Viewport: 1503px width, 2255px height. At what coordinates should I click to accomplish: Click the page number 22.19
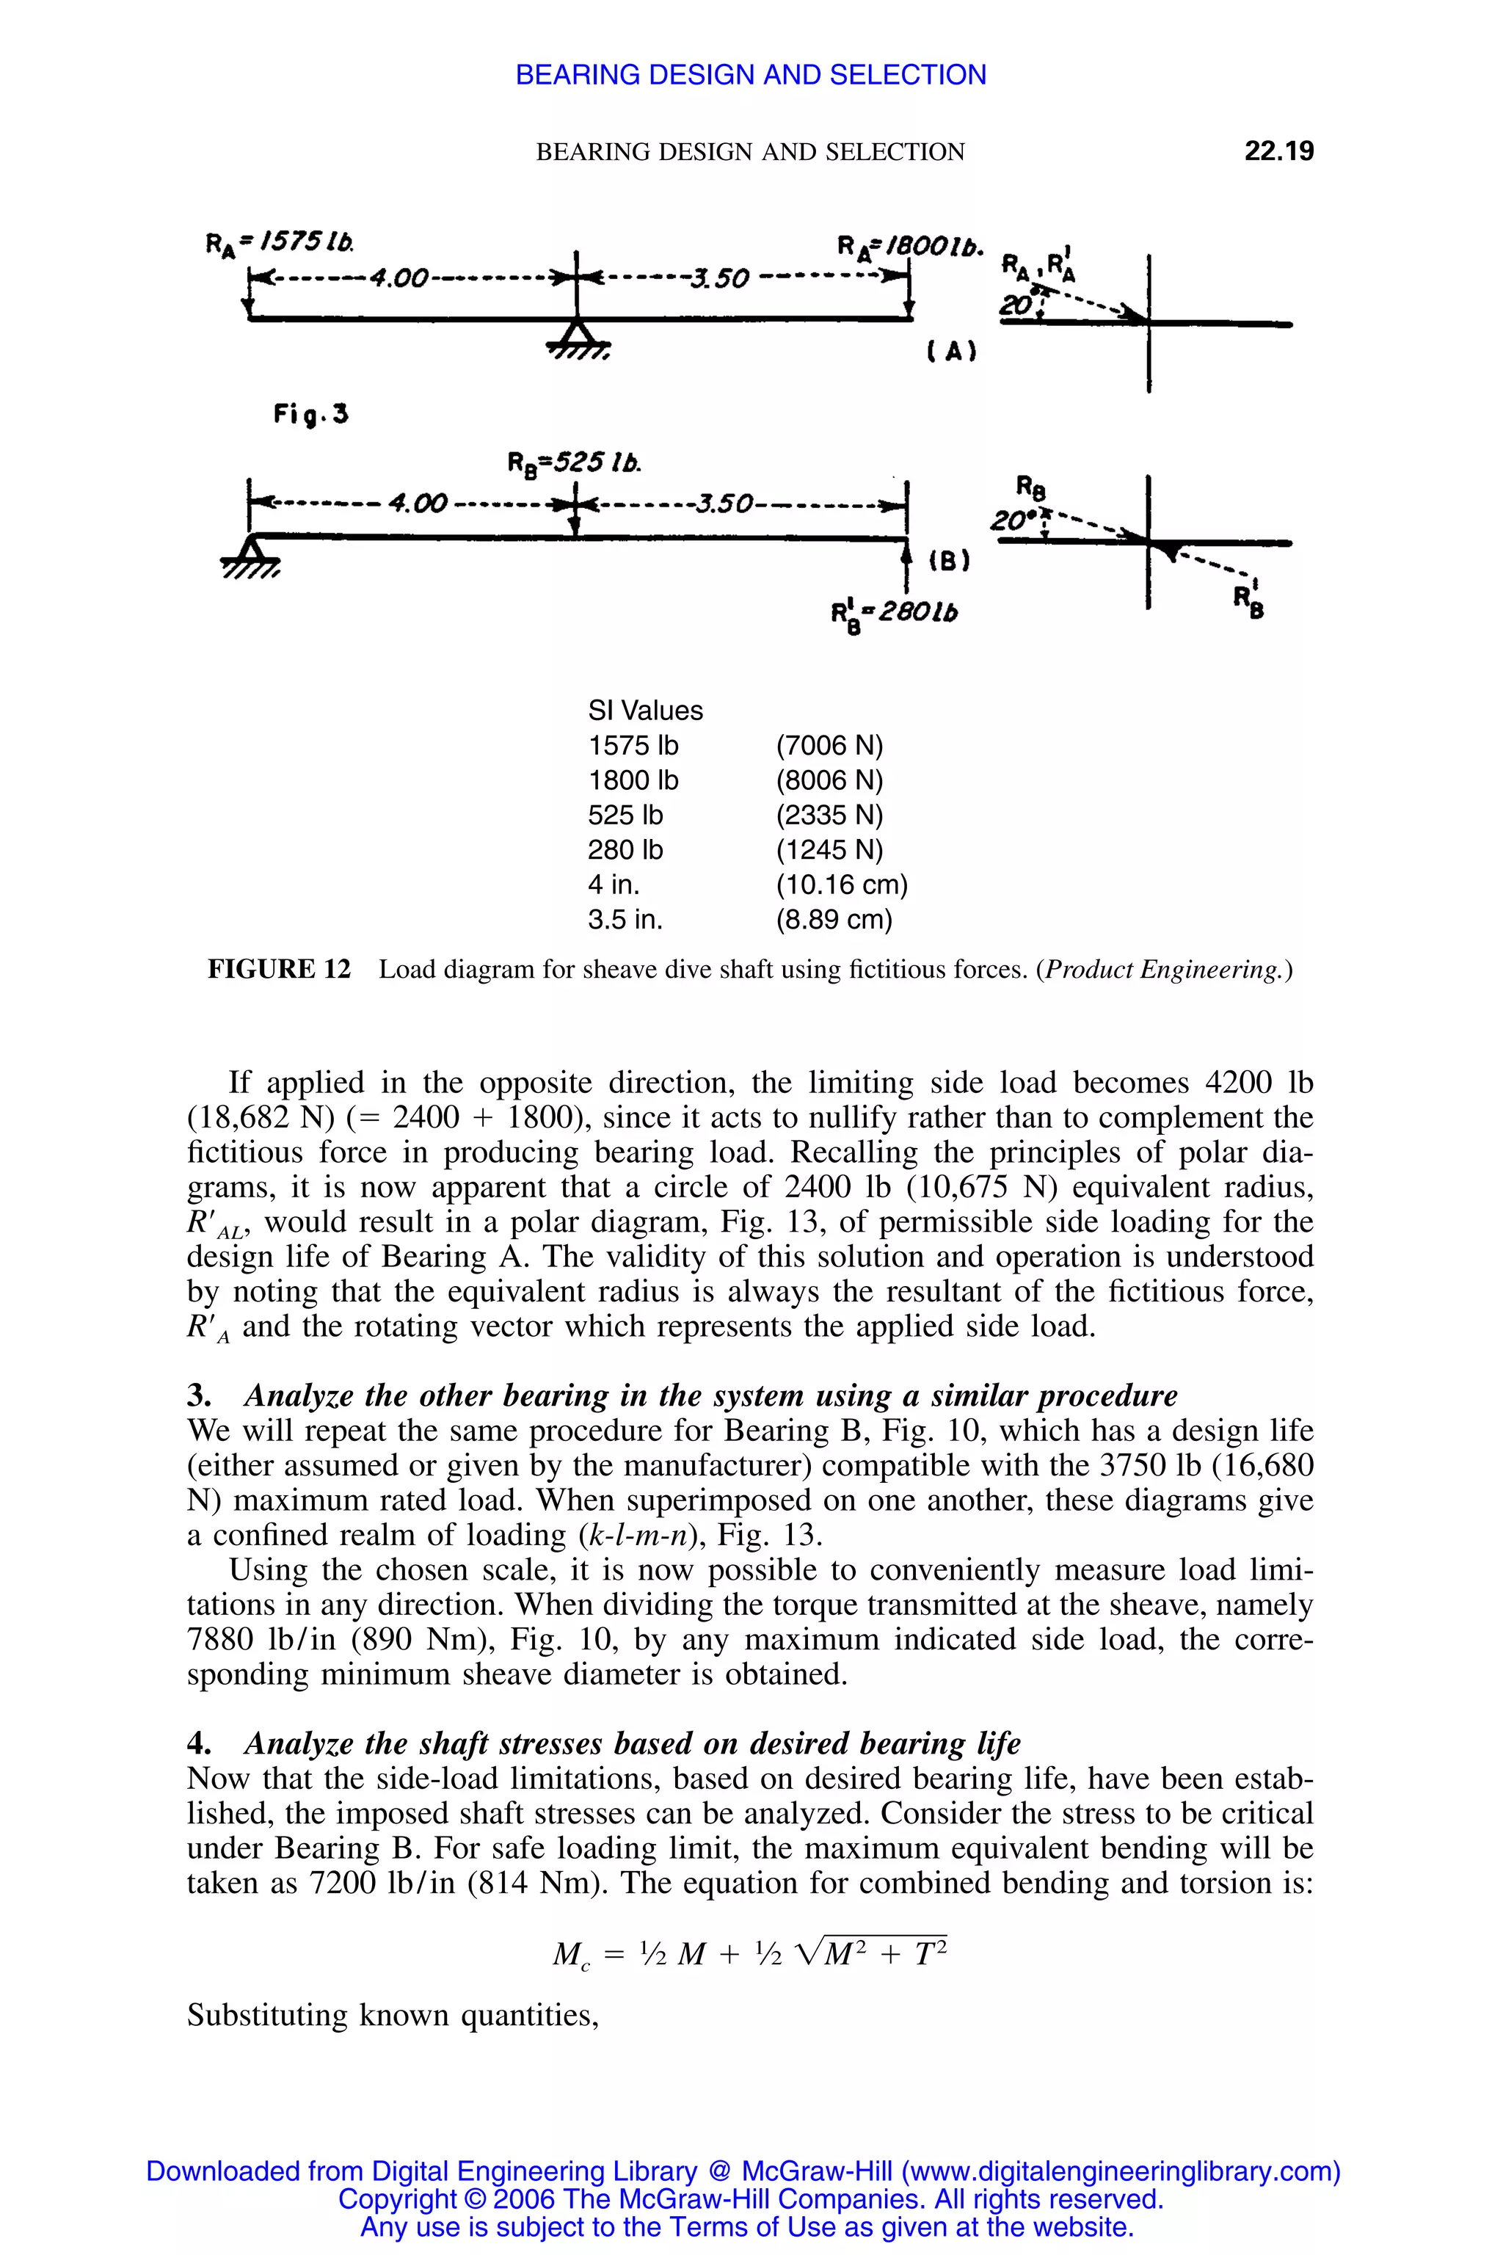click(1278, 151)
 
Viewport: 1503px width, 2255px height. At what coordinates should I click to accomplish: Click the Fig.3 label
click(310, 414)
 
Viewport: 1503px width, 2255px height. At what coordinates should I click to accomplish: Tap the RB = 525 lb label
click(574, 464)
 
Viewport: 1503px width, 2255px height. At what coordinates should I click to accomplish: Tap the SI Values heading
click(645, 711)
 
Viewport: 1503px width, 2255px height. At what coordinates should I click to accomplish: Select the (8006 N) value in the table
click(829, 780)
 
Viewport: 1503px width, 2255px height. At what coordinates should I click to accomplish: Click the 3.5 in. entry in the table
click(625, 920)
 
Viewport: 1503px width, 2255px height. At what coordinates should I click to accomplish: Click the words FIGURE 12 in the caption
click(279, 969)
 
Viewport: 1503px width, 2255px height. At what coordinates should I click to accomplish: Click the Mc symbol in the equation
click(571, 1954)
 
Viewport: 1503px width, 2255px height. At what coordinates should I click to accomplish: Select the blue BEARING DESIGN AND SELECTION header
click(751, 75)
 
